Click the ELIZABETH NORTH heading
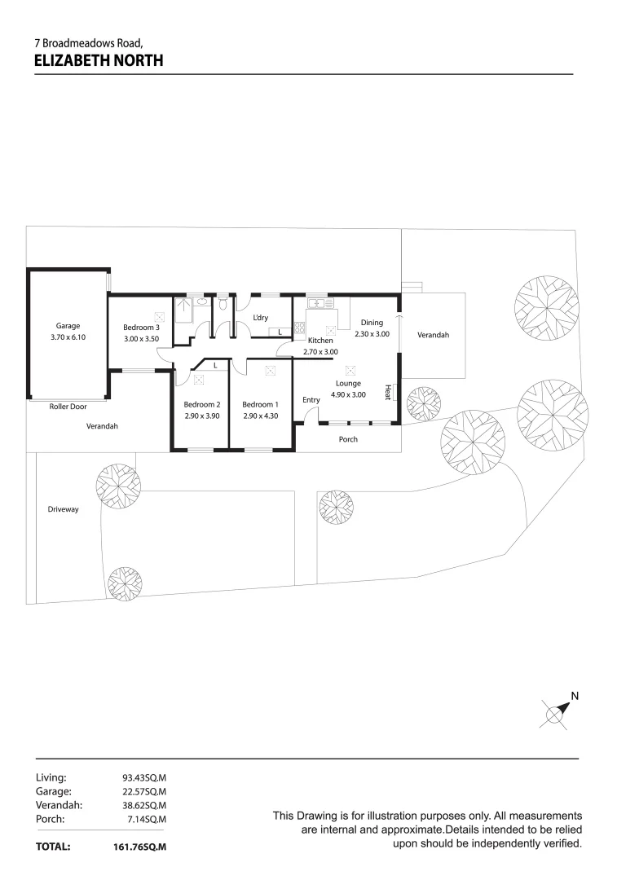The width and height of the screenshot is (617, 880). tap(99, 59)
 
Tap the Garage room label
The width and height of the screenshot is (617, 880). tap(68, 326)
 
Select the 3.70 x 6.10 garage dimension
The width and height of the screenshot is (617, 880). tap(68, 337)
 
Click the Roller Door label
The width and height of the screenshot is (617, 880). tap(68, 406)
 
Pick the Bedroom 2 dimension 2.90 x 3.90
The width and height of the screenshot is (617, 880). tap(201, 416)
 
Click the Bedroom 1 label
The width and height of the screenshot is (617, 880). tap(260, 404)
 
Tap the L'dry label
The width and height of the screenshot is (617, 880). tap(261, 318)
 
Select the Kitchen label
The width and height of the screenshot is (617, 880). tap(320, 340)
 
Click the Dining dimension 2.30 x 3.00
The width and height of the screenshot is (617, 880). tap(372, 334)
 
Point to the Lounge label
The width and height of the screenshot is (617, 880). tap(348, 383)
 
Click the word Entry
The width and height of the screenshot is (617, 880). tap(311, 400)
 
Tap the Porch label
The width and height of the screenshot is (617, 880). tap(348, 439)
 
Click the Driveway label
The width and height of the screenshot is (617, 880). tap(64, 509)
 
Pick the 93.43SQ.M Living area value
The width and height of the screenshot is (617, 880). tap(144, 777)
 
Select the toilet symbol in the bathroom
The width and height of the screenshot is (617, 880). tap(202, 304)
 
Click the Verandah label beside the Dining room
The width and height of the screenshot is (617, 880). tap(433, 335)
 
